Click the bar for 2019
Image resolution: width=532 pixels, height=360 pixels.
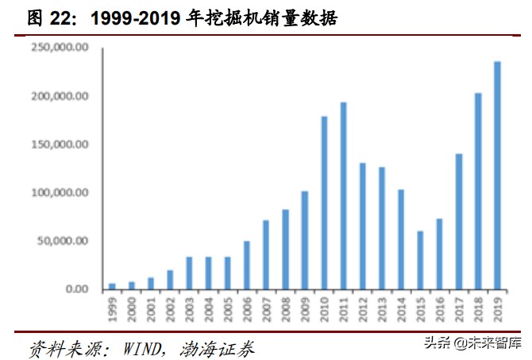(x=497, y=175)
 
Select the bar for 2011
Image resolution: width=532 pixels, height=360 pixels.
(x=343, y=195)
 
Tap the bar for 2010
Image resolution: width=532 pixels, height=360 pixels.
(x=324, y=203)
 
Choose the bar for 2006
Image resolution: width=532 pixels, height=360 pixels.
(x=247, y=265)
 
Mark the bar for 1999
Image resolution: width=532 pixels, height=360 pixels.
(x=112, y=285)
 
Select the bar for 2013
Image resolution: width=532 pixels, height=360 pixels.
(x=382, y=227)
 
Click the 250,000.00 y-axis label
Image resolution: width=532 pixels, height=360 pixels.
(x=60, y=48)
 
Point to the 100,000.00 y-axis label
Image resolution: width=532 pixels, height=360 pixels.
(x=60, y=192)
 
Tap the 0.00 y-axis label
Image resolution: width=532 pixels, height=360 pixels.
(x=75, y=289)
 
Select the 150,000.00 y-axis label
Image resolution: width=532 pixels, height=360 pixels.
(x=60, y=145)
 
